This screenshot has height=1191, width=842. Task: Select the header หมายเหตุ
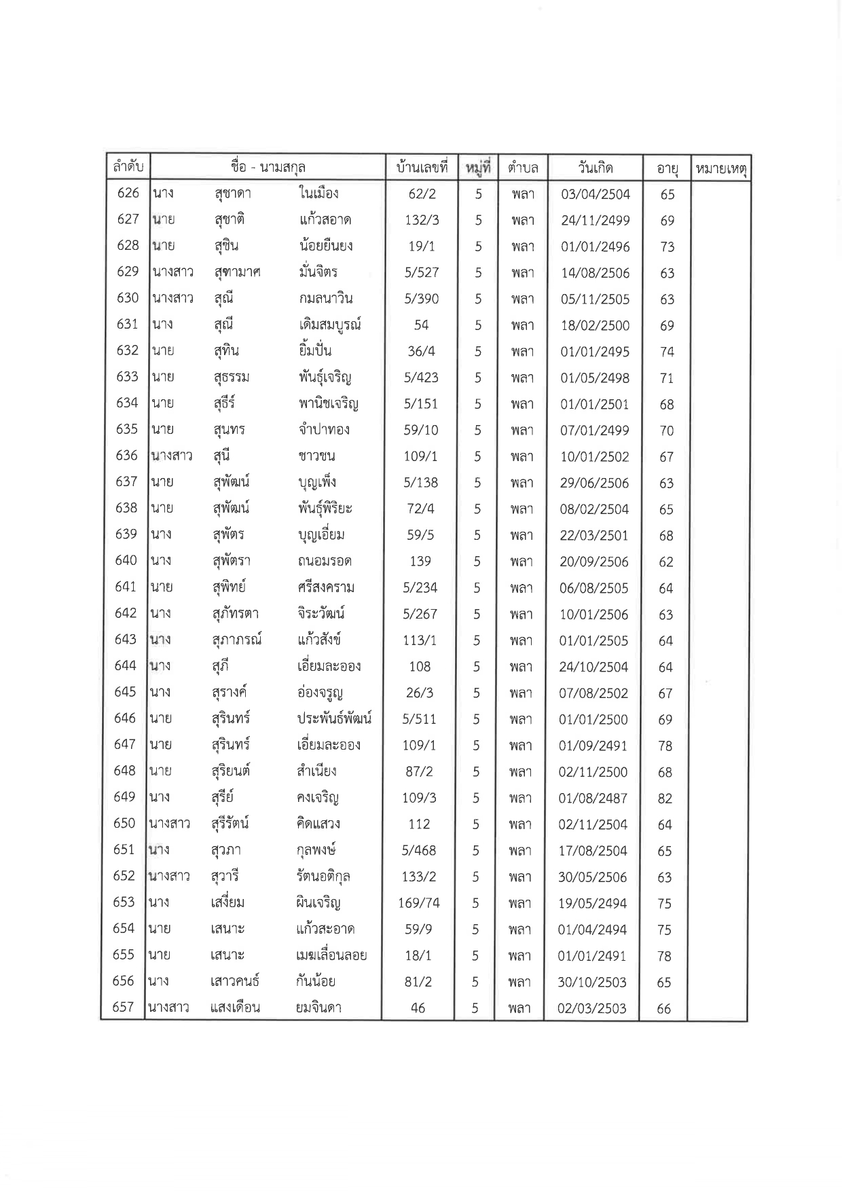coord(719,168)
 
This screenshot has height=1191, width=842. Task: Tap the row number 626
coord(128,193)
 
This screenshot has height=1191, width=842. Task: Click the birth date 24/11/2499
coord(596,221)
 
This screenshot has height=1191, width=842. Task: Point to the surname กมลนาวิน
coord(325,298)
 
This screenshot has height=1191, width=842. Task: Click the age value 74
coord(667,352)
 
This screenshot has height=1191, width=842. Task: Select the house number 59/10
coord(421,430)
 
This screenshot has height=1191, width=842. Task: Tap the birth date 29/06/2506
coord(595,483)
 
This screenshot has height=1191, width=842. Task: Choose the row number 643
coord(126,640)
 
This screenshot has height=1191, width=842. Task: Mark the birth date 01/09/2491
coord(593,746)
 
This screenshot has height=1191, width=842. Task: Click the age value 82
coord(665,799)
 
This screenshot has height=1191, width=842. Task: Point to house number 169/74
coord(419,903)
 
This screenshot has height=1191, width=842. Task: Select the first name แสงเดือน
coord(236,1008)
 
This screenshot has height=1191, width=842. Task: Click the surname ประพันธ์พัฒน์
coord(334,718)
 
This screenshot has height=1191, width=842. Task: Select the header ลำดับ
coord(128,167)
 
